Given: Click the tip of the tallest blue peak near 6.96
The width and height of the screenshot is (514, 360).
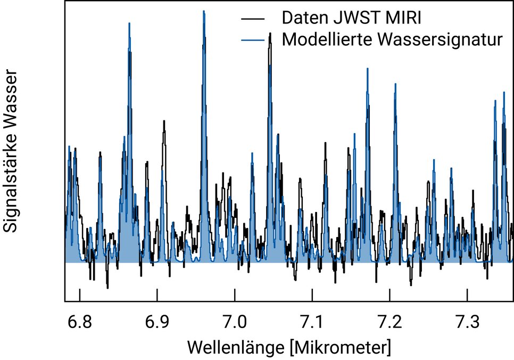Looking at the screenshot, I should point(204,11).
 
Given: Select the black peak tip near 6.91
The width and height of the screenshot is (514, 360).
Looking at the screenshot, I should point(164,121).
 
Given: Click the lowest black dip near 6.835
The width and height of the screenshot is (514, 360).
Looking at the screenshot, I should point(107,288).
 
